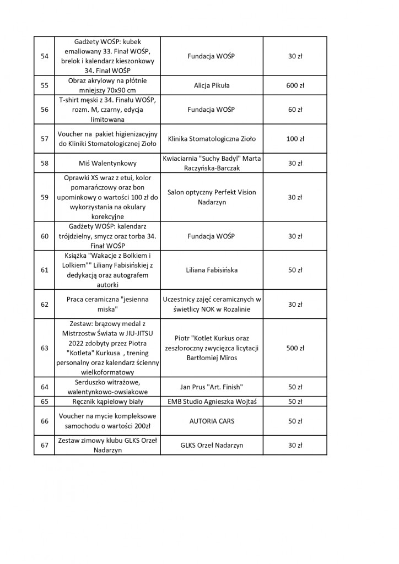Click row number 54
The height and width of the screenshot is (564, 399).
45,56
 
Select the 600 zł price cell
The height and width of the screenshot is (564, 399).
295,86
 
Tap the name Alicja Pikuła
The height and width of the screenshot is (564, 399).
211,86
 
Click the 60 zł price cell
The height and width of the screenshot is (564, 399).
295,110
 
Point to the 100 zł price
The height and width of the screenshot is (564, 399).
295,139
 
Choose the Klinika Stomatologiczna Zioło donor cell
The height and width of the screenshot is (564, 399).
211,139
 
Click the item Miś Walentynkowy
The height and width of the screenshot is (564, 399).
108,164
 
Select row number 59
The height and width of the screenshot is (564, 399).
45,197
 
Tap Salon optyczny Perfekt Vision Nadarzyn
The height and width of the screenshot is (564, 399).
211,197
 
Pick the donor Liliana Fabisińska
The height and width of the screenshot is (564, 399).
211,270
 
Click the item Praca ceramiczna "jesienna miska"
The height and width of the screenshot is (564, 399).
108,304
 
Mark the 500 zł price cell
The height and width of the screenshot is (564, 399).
295,348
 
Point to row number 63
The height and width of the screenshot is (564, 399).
45,348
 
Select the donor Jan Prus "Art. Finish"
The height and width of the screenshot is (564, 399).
211,387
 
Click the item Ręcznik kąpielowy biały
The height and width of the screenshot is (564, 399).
108,402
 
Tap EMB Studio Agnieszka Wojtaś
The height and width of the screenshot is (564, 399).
211,402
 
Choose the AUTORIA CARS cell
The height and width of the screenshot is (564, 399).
211,421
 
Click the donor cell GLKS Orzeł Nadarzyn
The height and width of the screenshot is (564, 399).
211,445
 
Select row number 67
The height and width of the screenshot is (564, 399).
45,445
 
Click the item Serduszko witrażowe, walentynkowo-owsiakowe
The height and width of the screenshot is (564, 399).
108,387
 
